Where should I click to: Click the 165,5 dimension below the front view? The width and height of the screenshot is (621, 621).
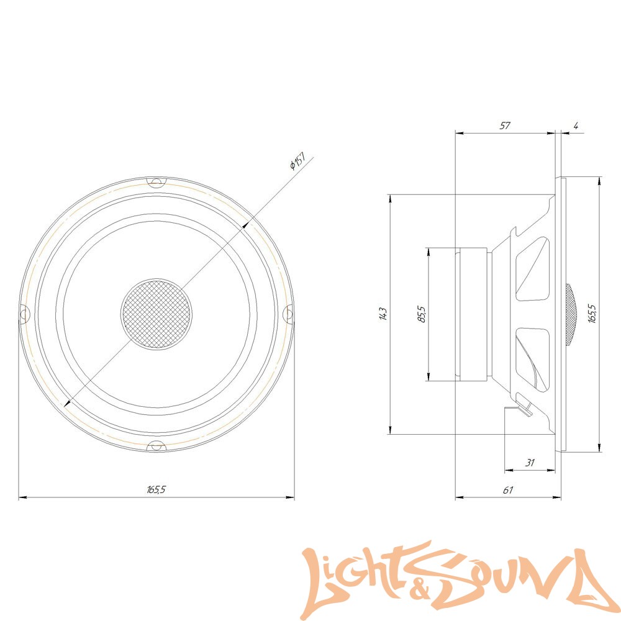(156, 489)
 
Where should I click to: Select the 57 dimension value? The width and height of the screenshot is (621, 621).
(504, 125)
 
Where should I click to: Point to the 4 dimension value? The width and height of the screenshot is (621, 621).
(576, 126)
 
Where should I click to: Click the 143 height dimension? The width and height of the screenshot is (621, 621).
(383, 314)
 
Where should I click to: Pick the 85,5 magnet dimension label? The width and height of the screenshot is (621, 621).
(422, 314)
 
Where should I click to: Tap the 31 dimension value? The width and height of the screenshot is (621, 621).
(530, 463)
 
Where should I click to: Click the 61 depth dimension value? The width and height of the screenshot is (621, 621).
(508, 490)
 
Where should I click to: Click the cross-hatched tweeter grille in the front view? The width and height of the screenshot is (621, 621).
(156, 314)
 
